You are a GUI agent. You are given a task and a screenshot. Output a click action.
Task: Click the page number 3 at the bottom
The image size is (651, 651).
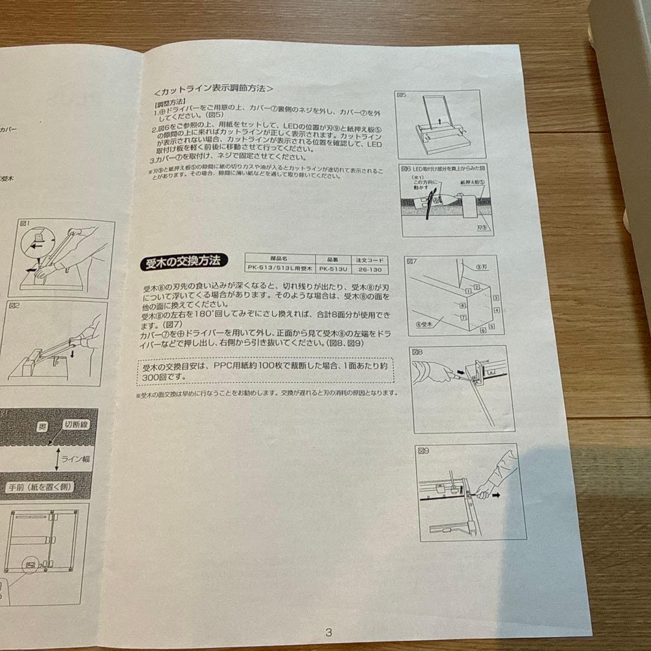click(x=329, y=632)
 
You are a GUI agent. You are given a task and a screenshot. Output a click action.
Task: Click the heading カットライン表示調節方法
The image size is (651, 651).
click(x=214, y=89)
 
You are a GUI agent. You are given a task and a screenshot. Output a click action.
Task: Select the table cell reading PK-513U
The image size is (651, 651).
click(x=332, y=269)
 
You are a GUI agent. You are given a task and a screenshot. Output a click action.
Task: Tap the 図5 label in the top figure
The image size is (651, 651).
click(x=403, y=95)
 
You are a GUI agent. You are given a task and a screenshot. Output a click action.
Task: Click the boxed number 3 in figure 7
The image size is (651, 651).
click(x=495, y=298)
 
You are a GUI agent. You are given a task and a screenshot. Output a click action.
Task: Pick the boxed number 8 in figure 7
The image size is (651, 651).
click(x=463, y=306)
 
